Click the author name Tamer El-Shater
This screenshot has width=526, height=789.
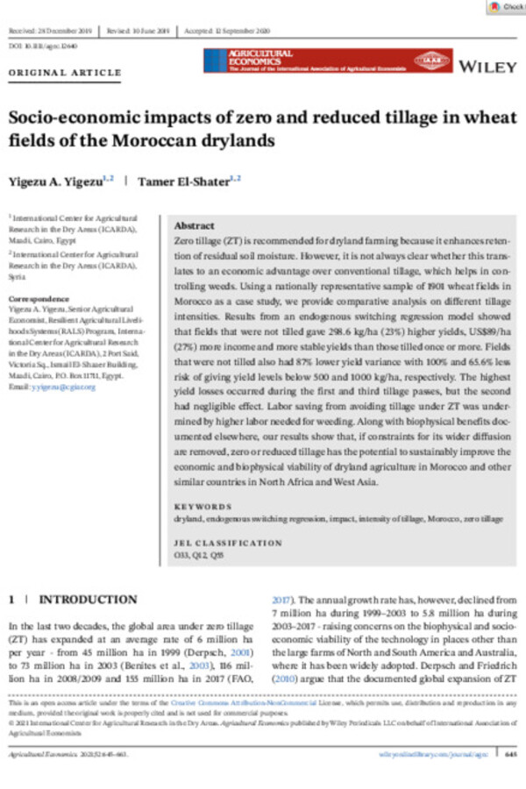188,180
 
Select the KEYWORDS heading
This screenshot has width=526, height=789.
203,506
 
